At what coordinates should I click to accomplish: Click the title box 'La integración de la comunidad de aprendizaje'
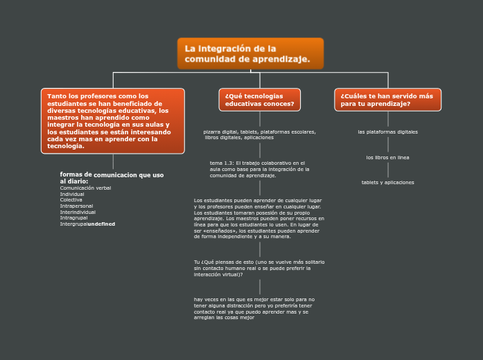tap(250, 54)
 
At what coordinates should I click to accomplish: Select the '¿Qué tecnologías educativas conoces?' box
tap(259, 100)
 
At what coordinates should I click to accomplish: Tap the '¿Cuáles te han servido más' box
tap(387, 100)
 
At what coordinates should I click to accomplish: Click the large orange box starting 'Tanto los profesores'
tap(113, 121)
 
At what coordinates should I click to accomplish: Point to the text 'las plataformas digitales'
tap(387, 132)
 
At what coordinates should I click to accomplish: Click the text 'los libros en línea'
tap(387, 157)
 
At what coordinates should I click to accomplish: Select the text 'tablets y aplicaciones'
tap(387, 182)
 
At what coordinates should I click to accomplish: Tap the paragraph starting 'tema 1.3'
tap(259, 169)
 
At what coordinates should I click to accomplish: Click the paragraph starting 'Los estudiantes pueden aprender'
tap(259, 218)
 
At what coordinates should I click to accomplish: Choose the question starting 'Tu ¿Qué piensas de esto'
tap(259, 268)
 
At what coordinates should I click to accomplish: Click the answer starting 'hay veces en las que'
tap(254, 309)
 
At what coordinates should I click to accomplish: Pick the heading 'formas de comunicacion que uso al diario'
tap(112, 178)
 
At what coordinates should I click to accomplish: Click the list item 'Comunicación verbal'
tap(85, 188)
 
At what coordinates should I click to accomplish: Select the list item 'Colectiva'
tap(71, 199)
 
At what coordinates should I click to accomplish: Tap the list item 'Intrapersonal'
tap(76, 206)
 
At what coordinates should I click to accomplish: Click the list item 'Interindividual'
tap(78, 212)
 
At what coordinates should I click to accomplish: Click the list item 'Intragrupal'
tap(73, 218)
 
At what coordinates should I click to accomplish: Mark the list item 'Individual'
tap(72, 194)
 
